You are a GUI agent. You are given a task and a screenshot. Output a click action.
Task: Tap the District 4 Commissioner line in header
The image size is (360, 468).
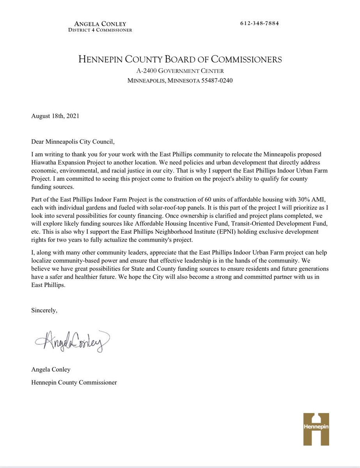click(x=99, y=30)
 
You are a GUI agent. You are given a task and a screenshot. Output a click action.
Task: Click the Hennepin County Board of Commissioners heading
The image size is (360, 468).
click(x=180, y=60)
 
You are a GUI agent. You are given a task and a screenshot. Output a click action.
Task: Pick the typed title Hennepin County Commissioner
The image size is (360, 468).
click(x=74, y=383)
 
